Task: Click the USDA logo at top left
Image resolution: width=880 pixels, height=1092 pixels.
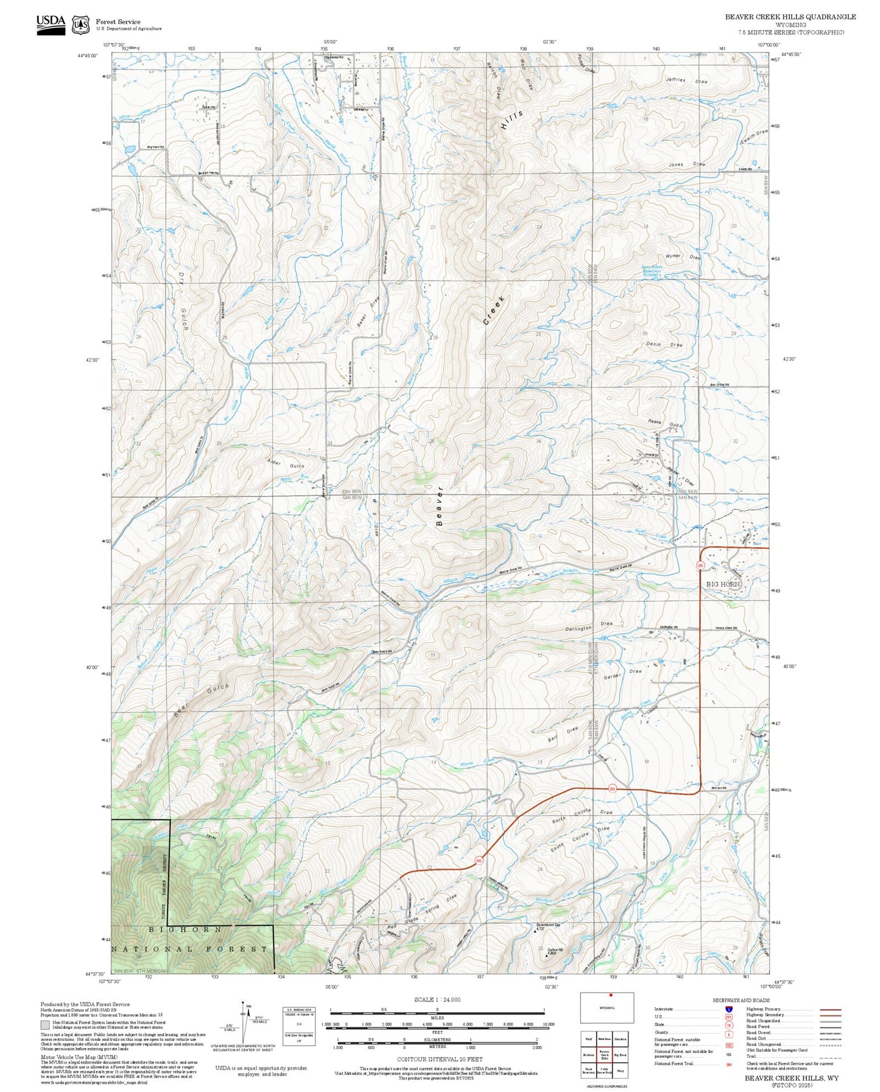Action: pos(51,24)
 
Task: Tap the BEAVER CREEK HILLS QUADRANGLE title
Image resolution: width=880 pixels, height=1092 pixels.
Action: pos(790,17)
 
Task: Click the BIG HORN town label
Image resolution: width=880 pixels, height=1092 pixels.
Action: pos(723,584)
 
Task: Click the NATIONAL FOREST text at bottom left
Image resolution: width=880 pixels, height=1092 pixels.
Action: pos(189,949)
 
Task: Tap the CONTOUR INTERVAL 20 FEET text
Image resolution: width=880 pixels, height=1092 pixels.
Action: pos(439,1059)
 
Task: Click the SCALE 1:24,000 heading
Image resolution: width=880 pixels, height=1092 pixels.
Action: pos(437,999)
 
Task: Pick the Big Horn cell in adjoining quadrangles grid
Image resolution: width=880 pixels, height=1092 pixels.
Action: pos(620,1055)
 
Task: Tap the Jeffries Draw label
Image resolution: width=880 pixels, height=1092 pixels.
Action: pos(686,80)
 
